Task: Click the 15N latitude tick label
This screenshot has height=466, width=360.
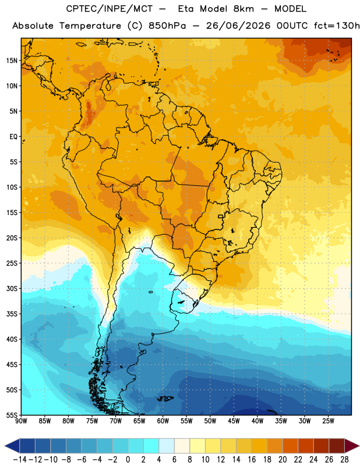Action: pyautogui.click(x=12, y=61)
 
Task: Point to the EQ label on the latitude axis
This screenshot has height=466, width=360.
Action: pyautogui.click(x=13, y=137)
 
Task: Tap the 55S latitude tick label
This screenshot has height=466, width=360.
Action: pyautogui.click(x=12, y=415)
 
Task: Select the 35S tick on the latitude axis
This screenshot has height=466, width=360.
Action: pyautogui.click(x=12, y=314)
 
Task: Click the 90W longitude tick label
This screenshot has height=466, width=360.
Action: pyautogui.click(x=21, y=421)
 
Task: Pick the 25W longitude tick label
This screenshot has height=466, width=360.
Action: pyautogui.click(x=328, y=421)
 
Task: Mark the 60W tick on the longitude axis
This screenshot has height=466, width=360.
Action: pyautogui.click(x=163, y=421)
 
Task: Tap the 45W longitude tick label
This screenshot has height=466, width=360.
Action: pyautogui.click(x=234, y=421)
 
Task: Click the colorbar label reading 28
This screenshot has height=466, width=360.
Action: pyautogui.click(x=344, y=460)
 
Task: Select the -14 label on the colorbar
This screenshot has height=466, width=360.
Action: pyautogui.click(x=20, y=460)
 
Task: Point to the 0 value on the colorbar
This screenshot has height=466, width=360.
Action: pyautogui.click(x=128, y=460)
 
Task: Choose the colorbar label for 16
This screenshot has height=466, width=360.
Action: pyautogui.click(x=252, y=460)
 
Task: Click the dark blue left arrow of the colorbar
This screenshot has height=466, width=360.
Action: pyautogui.click(x=12, y=446)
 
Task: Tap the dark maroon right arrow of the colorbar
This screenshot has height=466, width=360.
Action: pyautogui.click(x=352, y=446)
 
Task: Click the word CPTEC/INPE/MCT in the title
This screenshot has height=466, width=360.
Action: pyautogui.click(x=110, y=9)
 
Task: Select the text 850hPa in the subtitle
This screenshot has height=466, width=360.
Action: pyautogui.click(x=167, y=26)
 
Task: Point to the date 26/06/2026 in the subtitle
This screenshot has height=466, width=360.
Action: pyautogui.click(x=238, y=26)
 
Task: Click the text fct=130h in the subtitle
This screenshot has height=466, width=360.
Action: pyautogui.click(x=337, y=26)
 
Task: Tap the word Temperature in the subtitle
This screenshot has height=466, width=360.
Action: pyautogui.click(x=90, y=26)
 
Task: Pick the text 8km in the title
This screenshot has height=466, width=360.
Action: pyautogui.click(x=243, y=9)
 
